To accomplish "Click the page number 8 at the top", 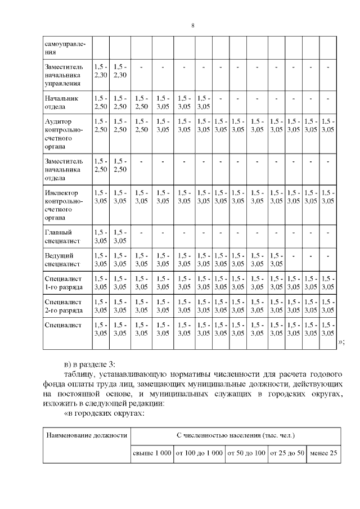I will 192,26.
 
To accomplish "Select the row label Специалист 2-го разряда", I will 64,306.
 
